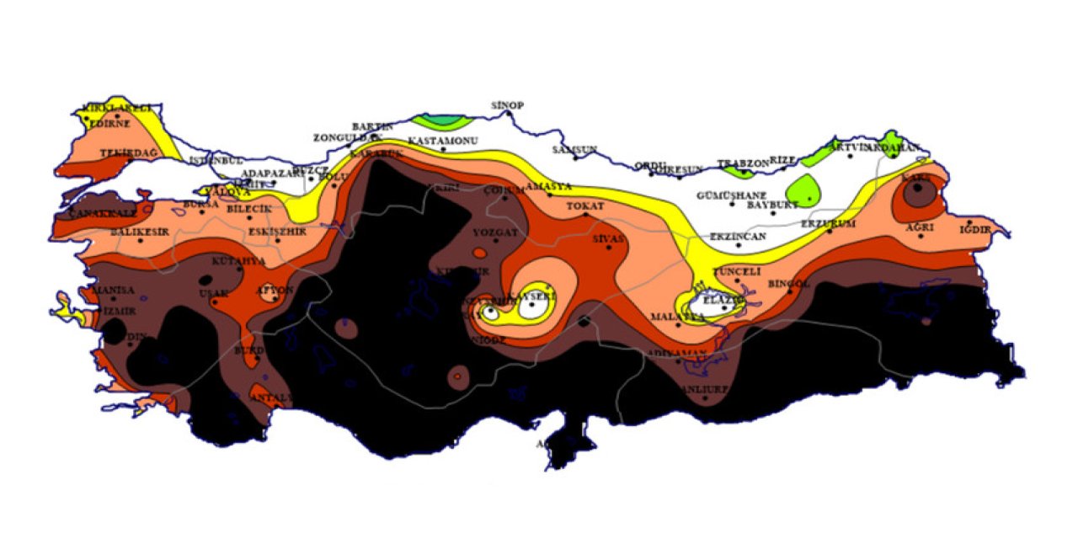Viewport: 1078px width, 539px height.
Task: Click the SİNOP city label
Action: [508, 105]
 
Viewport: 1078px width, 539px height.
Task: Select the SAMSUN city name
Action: [574, 149]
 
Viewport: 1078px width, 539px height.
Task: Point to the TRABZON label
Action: [743, 163]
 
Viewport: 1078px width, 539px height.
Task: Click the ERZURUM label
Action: [828, 223]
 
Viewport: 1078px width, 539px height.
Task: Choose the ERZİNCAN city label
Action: [739, 237]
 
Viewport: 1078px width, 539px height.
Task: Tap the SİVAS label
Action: [609, 239]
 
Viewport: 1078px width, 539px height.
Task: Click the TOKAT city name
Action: [584, 205]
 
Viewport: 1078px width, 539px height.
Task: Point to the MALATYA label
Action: [677, 317]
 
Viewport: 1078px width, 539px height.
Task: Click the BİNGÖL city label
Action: [789, 284]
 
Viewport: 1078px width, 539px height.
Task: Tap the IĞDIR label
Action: [982, 229]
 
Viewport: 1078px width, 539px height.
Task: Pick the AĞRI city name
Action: [920, 227]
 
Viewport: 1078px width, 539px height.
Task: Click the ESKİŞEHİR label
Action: [277, 231]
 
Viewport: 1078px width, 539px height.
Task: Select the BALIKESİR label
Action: [140, 232]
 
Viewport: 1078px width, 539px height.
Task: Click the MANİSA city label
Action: [112, 290]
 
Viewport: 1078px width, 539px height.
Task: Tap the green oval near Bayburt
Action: [806, 189]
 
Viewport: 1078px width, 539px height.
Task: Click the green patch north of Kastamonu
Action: [444, 120]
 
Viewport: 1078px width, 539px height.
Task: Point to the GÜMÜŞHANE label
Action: [731, 195]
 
